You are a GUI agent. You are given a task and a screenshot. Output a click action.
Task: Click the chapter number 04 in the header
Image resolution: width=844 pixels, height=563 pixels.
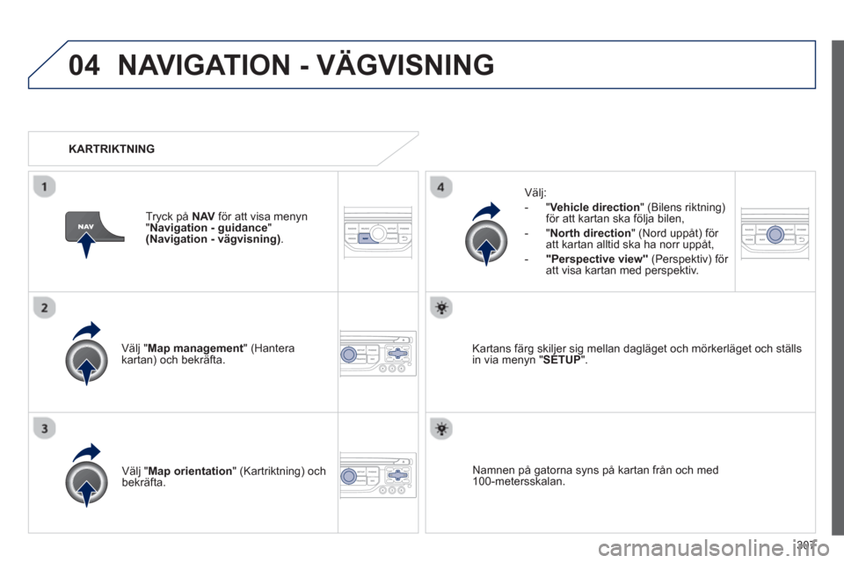pyautogui.click(x=84, y=65)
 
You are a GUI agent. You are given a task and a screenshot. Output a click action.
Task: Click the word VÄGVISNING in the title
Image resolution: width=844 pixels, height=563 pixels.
pyautogui.click(x=405, y=64)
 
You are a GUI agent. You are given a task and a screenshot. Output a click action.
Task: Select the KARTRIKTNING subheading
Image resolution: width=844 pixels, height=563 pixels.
pyautogui.click(x=112, y=149)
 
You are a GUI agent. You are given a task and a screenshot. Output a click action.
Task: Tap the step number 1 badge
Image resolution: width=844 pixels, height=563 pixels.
pyautogui.click(x=44, y=187)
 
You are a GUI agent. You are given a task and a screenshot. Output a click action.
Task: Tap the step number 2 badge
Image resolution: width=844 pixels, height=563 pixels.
pyautogui.click(x=44, y=308)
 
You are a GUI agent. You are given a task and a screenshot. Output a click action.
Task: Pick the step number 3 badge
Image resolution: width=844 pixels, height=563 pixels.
pyautogui.click(x=44, y=429)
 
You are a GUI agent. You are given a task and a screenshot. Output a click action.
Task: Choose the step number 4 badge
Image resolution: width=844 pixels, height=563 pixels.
pyautogui.click(x=440, y=187)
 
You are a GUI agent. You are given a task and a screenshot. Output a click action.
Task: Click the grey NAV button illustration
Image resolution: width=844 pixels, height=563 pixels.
pyautogui.click(x=92, y=227)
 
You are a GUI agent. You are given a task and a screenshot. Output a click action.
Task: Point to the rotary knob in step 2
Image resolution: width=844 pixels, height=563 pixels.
pyautogui.click(x=87, y=361)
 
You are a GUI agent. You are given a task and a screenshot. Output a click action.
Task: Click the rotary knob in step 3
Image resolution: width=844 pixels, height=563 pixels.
pyautogui.click(x=87, y=482)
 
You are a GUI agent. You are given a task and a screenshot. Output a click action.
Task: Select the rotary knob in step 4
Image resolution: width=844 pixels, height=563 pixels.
pyautogui.click(x=486, y=241)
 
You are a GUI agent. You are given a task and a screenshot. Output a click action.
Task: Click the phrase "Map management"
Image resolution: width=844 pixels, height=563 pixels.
pyautogui.click(x=195, y=348)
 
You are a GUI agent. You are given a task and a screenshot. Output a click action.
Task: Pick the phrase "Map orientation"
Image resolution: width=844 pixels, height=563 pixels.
pyautogui.click(x=190, y=471)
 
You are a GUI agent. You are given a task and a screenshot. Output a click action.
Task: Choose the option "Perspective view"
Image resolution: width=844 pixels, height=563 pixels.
pyautogui.click(x=596, y=260)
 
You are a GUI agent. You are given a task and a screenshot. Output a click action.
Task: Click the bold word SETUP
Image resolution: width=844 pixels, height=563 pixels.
pyautogui.click(x=562, y=360)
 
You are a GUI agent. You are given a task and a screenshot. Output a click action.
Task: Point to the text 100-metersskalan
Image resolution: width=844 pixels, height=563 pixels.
pyautogui.click(x=519, y=482)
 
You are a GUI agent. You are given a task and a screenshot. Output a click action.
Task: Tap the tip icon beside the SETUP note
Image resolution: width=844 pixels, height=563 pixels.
pyautogui.click(x=441, y=308)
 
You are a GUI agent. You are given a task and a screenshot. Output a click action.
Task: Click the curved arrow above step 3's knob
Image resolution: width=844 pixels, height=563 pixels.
pyautogui.click(x=87, y=451)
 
